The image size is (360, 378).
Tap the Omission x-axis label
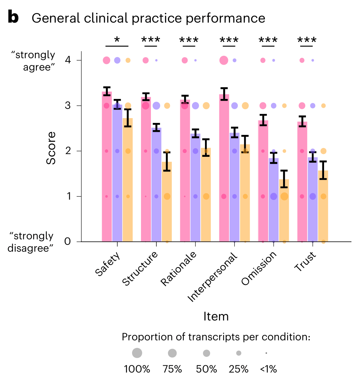[x=259, y=268]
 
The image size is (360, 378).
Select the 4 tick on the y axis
[x=68, y=61]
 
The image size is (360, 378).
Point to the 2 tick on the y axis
[x=68, y=151]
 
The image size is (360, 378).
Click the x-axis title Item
[x=216, y=316]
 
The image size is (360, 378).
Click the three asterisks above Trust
[x=307, y=40]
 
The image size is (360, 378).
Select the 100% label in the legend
[x=137, y=369]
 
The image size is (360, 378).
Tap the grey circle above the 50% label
[x=206, y=353]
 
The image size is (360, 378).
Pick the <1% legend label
[x=268, y=369]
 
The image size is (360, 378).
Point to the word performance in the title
[x=233, y=18]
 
